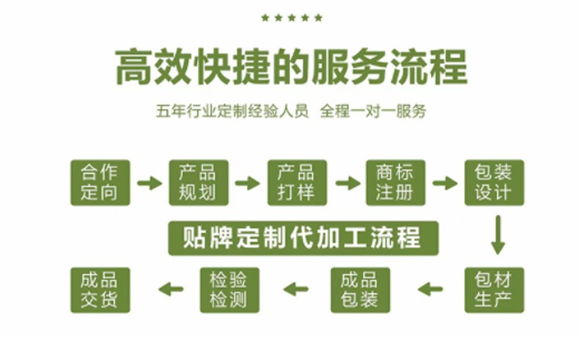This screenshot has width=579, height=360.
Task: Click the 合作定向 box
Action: (x=100, y=183)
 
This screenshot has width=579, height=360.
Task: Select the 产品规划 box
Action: (x=198, y=183)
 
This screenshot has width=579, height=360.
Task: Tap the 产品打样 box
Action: (x=296, y=183)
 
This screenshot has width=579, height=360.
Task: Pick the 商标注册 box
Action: (x=395, y=183)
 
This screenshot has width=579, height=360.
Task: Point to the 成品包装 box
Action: (x=360, y=290)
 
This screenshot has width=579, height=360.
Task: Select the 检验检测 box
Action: (x=229, y=290)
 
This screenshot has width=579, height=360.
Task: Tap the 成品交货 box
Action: (x=100, y=290)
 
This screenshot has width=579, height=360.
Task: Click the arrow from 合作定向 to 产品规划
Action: (x=150, y=183)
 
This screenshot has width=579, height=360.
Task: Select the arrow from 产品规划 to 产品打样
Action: (x=248, y=183)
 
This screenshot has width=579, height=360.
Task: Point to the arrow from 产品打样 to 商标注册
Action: (x=346, y=183)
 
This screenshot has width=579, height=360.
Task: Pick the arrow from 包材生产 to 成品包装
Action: (x=430, y=289)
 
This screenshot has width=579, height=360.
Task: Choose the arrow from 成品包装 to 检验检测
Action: (x=296, y=289)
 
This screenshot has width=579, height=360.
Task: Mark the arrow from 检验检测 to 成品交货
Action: (x=171, y=289)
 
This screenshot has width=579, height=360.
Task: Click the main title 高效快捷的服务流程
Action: (x=291, y=68)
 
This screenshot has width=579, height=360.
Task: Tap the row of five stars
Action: (x=291, y=18)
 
